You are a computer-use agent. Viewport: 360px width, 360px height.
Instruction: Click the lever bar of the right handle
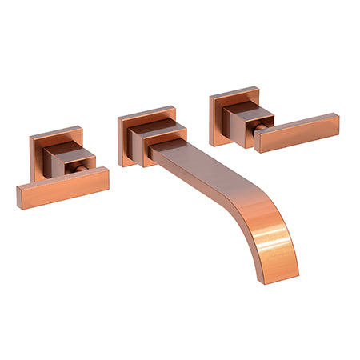tap(297, 133)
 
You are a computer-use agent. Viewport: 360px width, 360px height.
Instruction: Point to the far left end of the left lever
tap(20, 196)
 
